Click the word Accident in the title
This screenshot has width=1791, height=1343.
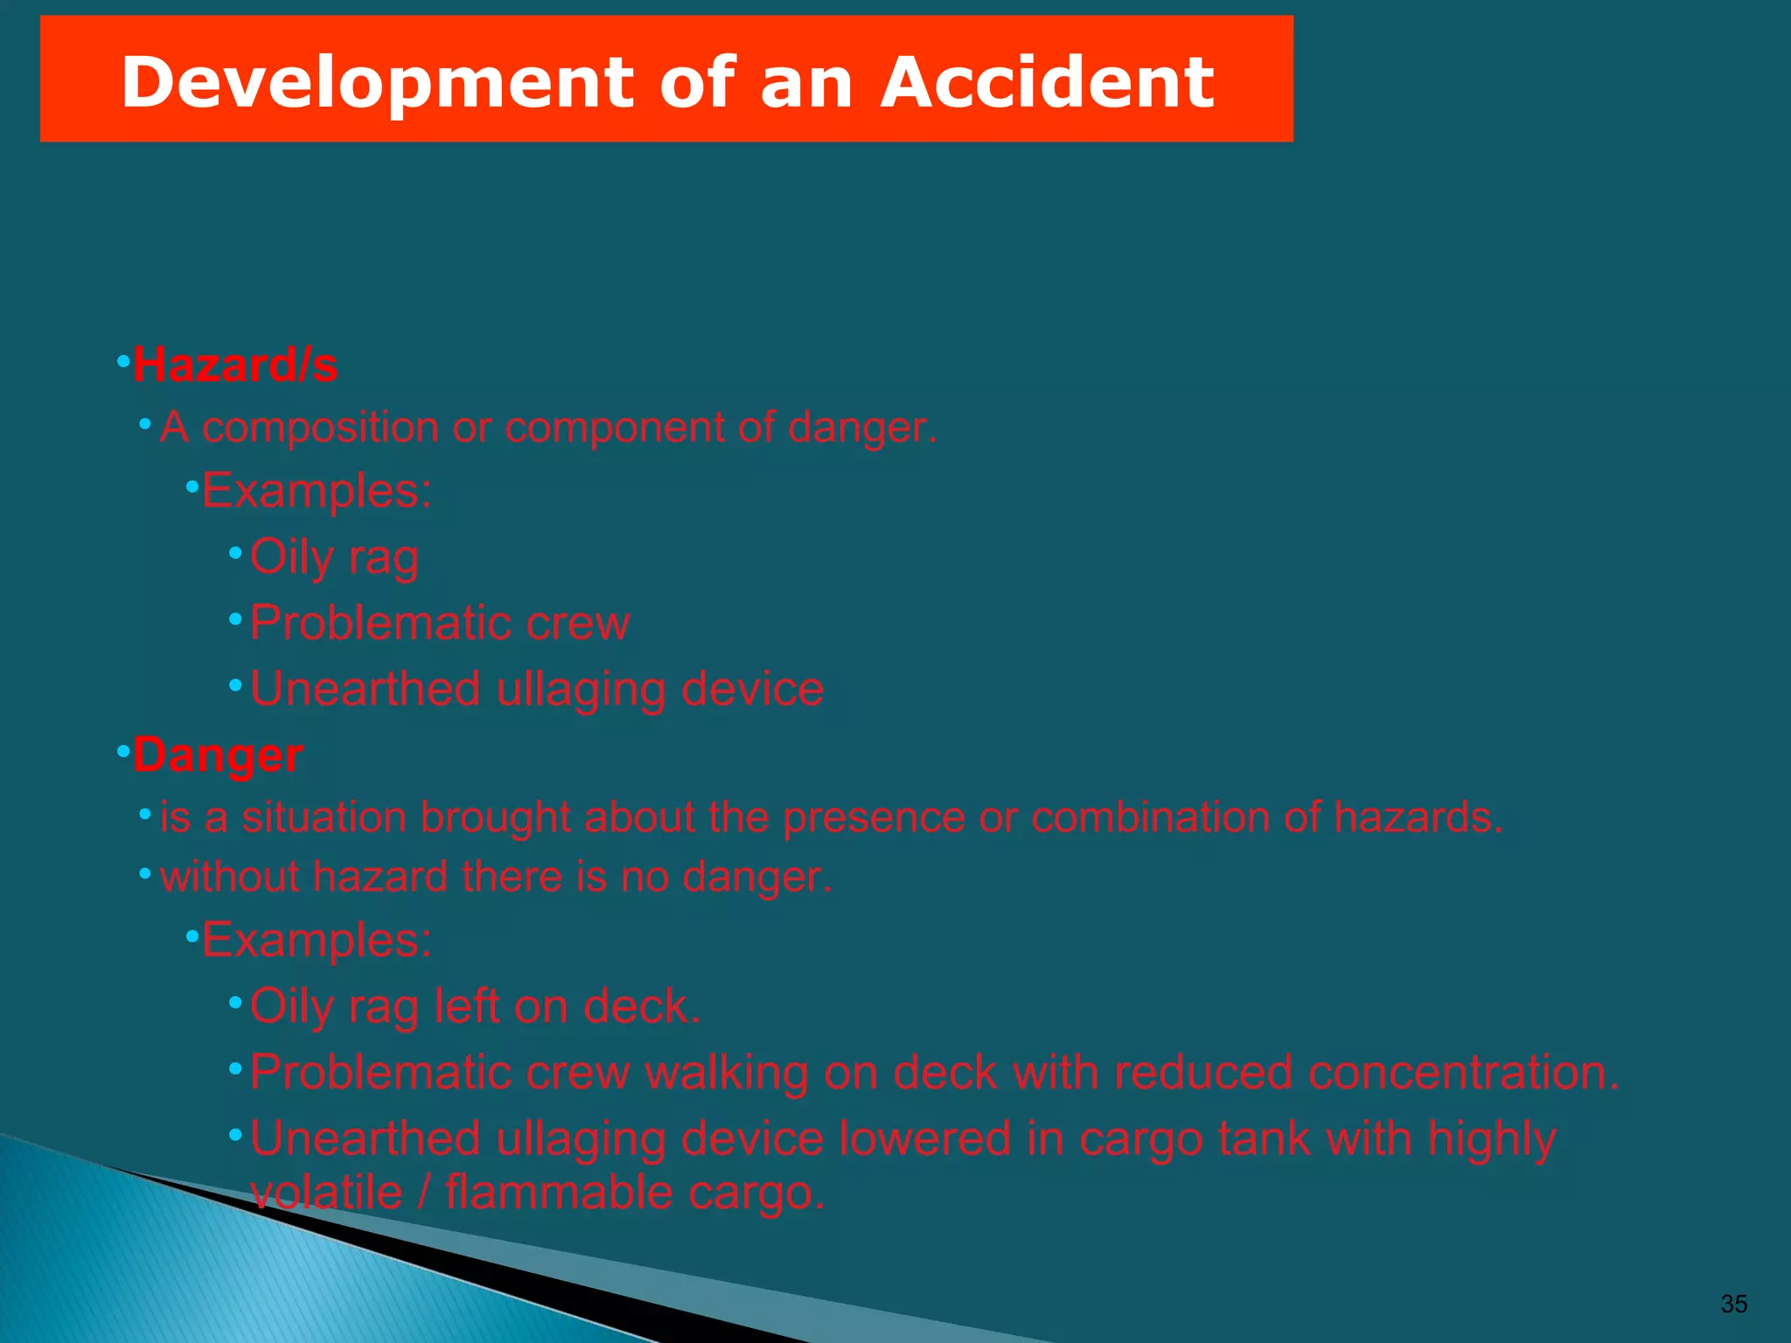(x=1046, y=81)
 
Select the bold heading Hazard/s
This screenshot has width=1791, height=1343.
(x=234, y=365)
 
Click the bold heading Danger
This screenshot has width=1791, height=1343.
(x=218, y=755)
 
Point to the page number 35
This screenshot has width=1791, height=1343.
(x=1733, y=1304)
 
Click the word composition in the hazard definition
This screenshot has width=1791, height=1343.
(x=320, y=428)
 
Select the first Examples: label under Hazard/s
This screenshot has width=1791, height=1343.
(x=317, y=491)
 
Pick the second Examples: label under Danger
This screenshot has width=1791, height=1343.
(x=317, y=941)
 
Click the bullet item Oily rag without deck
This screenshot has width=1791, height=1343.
(x=334, y=557)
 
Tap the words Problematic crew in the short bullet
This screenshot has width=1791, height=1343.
(x=440, y=623)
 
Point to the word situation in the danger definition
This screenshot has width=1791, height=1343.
(x=323, y=818)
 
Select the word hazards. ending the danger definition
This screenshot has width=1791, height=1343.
(x=1418, y=818)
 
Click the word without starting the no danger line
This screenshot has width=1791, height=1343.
(x=230, y=877)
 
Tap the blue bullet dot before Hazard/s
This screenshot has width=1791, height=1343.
(x=123, y=361)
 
